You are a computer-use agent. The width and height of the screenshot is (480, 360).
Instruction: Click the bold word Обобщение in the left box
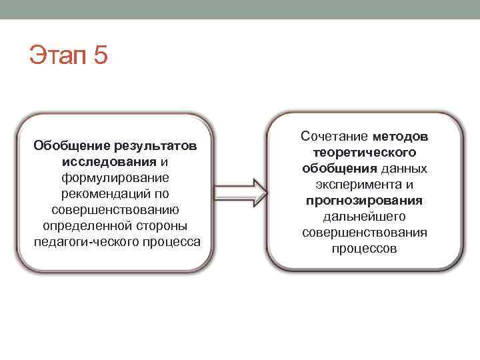point(73,145)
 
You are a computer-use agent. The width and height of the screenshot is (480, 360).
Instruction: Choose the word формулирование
point(116,177)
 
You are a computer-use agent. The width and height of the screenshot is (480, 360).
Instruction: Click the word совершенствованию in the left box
point(116,209)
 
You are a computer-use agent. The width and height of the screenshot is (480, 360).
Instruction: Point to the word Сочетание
point(334,137)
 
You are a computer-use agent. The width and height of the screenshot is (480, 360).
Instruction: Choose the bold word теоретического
point(364,153)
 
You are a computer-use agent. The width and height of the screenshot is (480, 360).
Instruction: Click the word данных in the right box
point(405,169)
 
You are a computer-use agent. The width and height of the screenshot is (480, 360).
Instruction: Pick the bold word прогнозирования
point(364,201)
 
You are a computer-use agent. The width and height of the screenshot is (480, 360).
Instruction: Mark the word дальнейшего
point(364,217)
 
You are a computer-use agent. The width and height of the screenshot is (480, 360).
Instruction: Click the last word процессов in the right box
point(364,249)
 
